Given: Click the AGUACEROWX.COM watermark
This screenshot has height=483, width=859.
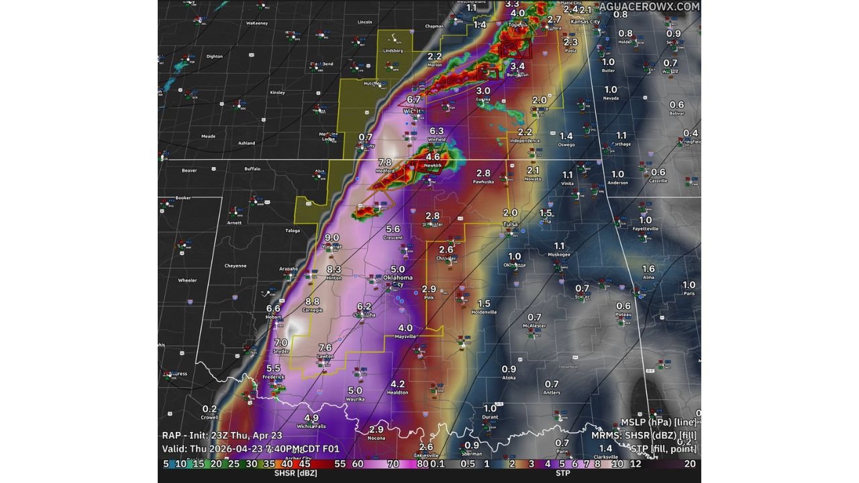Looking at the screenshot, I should click(649, 6).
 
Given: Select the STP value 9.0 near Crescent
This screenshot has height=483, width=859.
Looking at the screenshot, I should click(332, 237).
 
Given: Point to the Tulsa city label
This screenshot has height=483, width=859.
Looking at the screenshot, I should click(510, 224).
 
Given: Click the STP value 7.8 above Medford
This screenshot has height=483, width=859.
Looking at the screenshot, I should click(385, 162).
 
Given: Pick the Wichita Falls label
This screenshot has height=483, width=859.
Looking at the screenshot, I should click(311, 426).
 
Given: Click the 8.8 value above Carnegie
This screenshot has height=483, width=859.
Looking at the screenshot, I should click(312, 302).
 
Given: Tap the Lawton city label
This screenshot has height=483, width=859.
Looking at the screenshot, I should click(325, 356).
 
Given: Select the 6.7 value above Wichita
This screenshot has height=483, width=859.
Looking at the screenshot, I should click(413, 100).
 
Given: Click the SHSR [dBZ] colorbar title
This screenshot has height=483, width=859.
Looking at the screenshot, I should click(295, 473).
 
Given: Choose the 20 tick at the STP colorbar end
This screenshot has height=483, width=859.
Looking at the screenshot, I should click(690, 464).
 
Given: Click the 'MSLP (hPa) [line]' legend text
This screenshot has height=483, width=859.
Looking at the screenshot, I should click(658, 422).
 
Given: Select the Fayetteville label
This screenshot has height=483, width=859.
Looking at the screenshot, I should click(645, 229).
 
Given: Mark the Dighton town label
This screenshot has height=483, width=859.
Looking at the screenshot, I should click(214, 56).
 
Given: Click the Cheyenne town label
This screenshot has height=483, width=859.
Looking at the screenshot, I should click(235, 266).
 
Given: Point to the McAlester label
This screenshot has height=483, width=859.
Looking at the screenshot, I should click(534, 326).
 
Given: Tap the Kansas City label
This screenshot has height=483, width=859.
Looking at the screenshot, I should click(585, 22).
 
